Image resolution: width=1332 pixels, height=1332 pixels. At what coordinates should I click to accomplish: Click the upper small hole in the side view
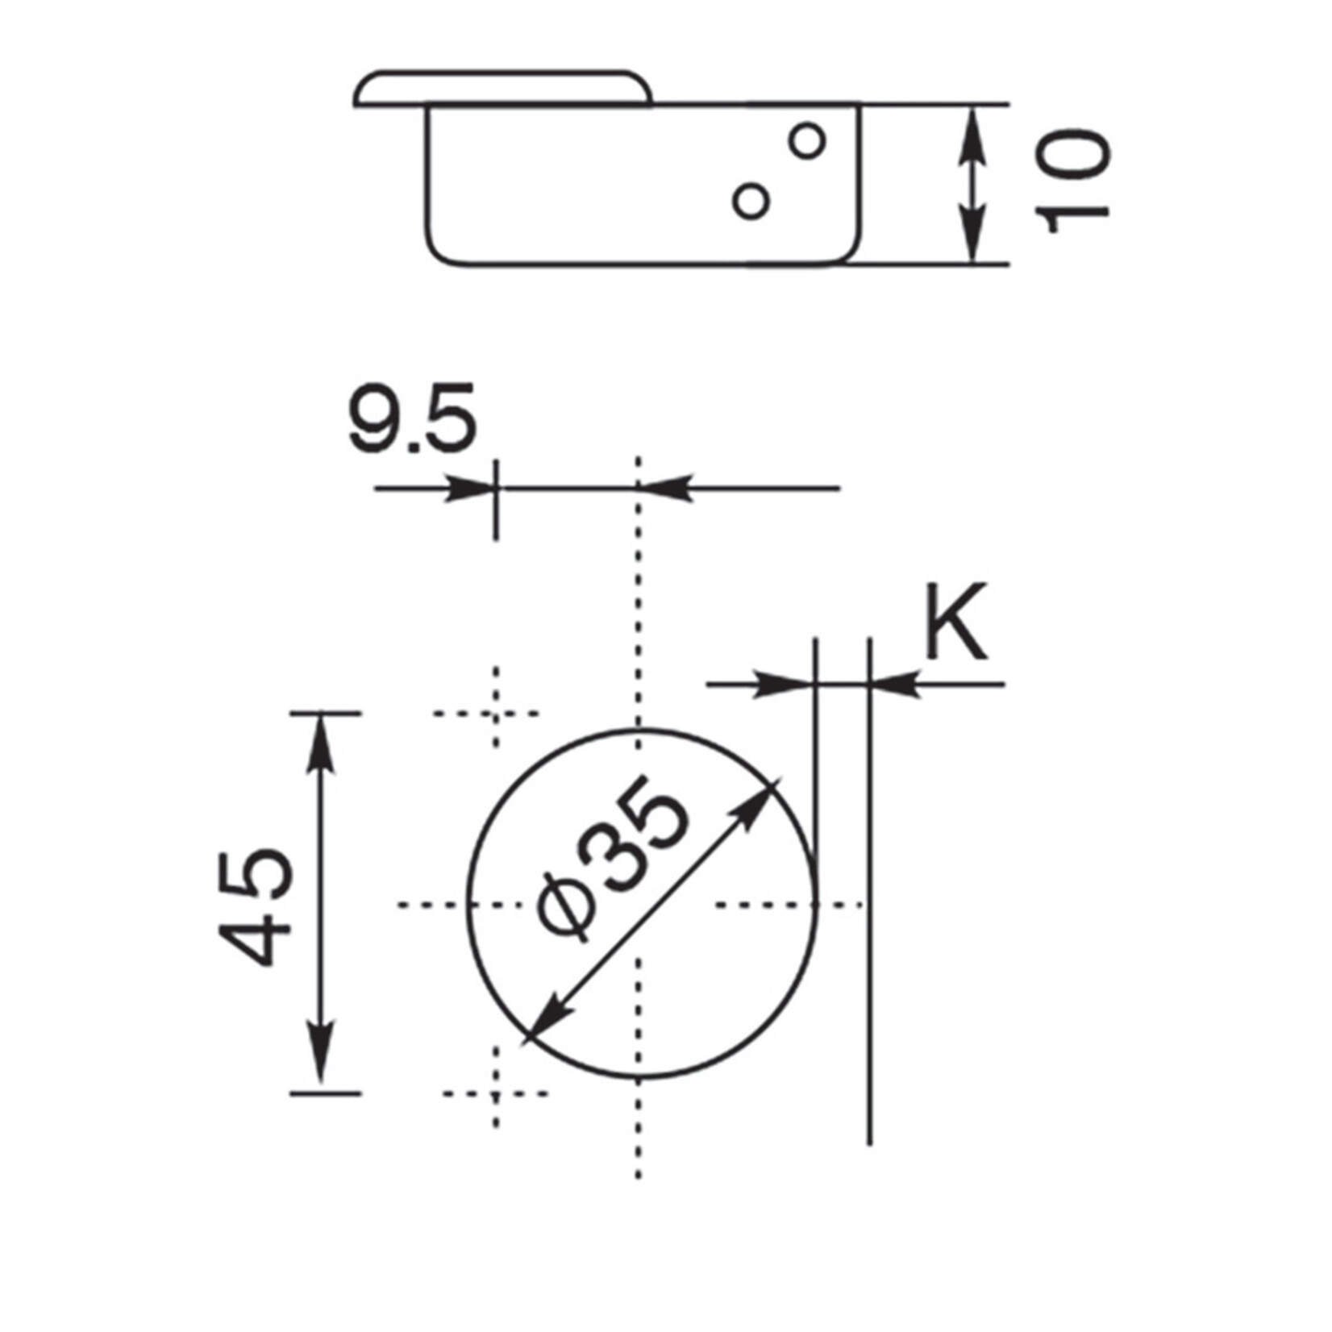pos(806,141)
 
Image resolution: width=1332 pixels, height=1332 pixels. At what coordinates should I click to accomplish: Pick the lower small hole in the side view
pos(751,200)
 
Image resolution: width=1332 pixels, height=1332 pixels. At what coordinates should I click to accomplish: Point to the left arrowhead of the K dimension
pos(786,685)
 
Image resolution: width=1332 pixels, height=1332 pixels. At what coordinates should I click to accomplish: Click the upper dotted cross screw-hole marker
pos(495,714)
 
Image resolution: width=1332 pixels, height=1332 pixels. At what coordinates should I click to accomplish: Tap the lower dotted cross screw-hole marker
pos(495,1094)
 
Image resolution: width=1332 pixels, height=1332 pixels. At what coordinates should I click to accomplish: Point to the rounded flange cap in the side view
pos(502,88)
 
